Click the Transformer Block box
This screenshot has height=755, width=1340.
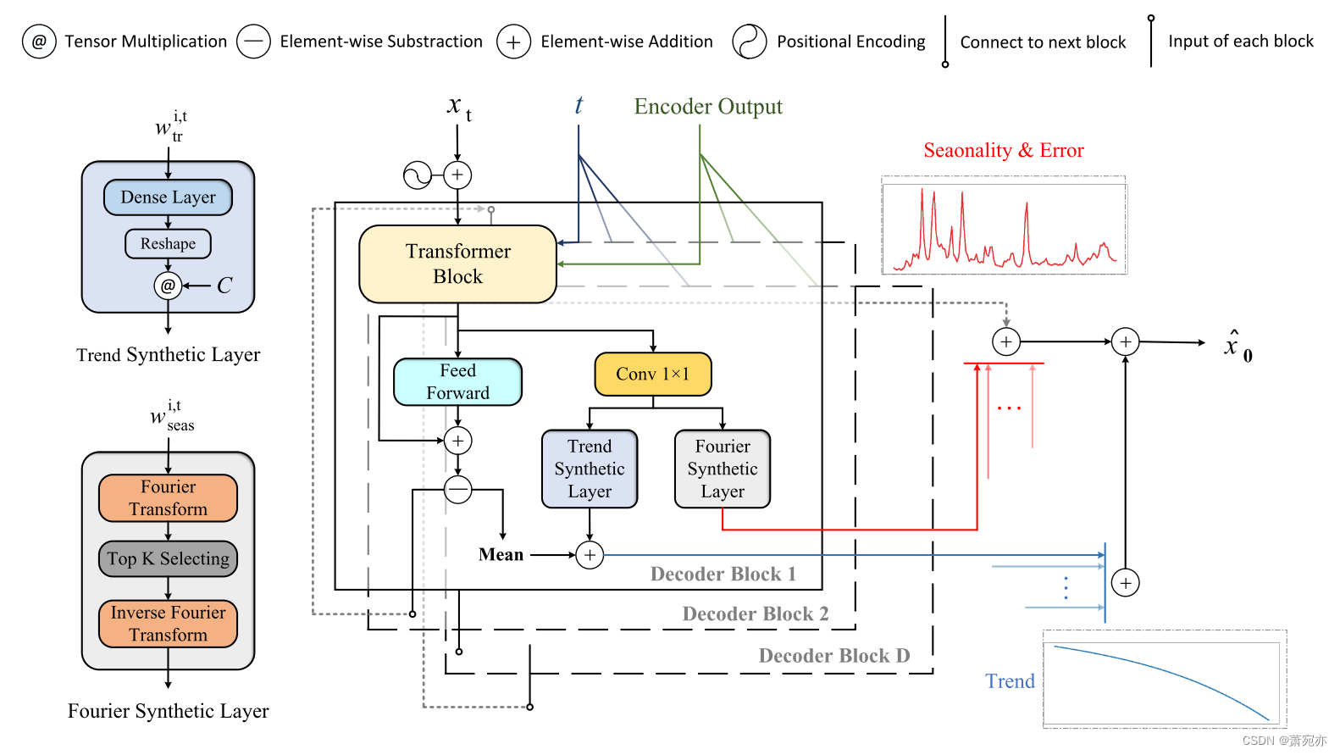[457, 264]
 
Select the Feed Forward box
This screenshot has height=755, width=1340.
[457, 381]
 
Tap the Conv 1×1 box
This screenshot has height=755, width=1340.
[652, 374]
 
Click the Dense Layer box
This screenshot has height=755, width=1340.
[168, 197]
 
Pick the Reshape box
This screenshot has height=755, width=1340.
[168, 244]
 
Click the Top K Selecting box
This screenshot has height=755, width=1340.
[168, 558]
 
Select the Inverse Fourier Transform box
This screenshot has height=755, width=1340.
[168, 624]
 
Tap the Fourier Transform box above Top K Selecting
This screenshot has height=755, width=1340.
[168, 498]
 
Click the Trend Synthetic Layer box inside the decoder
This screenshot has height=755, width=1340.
[590, 469]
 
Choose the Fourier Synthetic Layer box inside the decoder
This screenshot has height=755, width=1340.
[723, 469]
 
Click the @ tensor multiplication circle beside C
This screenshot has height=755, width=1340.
[168, 286]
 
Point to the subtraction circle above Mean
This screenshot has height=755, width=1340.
[457, 489]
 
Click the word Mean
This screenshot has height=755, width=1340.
[501, 554]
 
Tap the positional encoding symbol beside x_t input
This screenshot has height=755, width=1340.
[418, 175]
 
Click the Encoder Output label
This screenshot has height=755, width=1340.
[708, 107]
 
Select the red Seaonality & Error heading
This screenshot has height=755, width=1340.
[1003, 151]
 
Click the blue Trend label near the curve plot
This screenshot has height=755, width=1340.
[1010, 681]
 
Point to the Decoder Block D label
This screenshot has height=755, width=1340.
[833, 656]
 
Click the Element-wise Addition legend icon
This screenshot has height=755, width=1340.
[513, 42]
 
